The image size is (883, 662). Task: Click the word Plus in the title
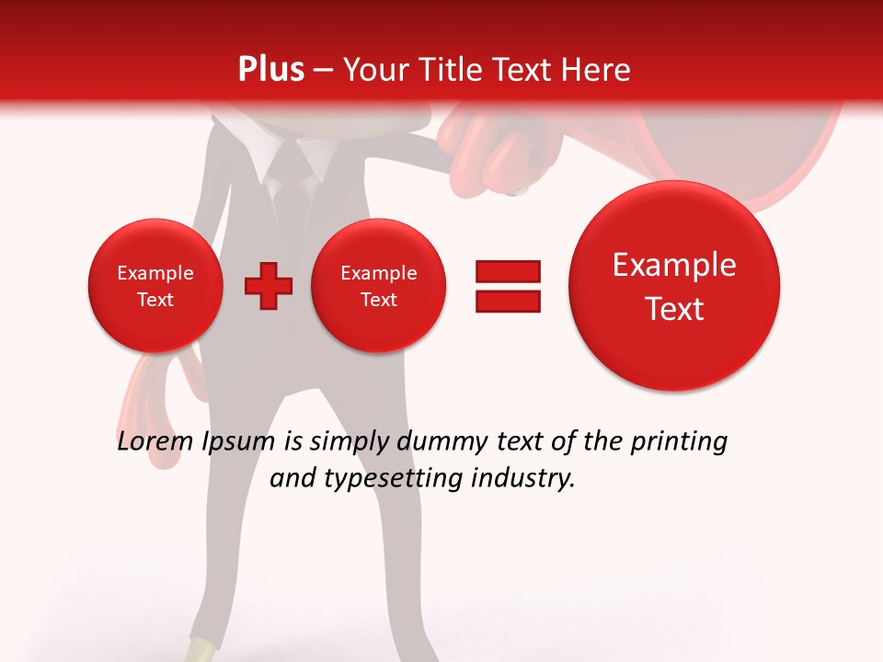pos(270,70)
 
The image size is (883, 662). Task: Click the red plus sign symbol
pos(269,286)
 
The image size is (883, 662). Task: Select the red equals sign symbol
pos(508,286)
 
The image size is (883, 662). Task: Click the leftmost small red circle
pos(155,286)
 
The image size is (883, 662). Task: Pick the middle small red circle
pos(378,286)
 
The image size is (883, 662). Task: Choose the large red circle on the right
pos(674,286)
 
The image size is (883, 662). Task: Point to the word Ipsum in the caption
pos(238,442)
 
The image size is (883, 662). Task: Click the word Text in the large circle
pos(674,309)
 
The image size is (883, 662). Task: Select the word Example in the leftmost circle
pos(155,273)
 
